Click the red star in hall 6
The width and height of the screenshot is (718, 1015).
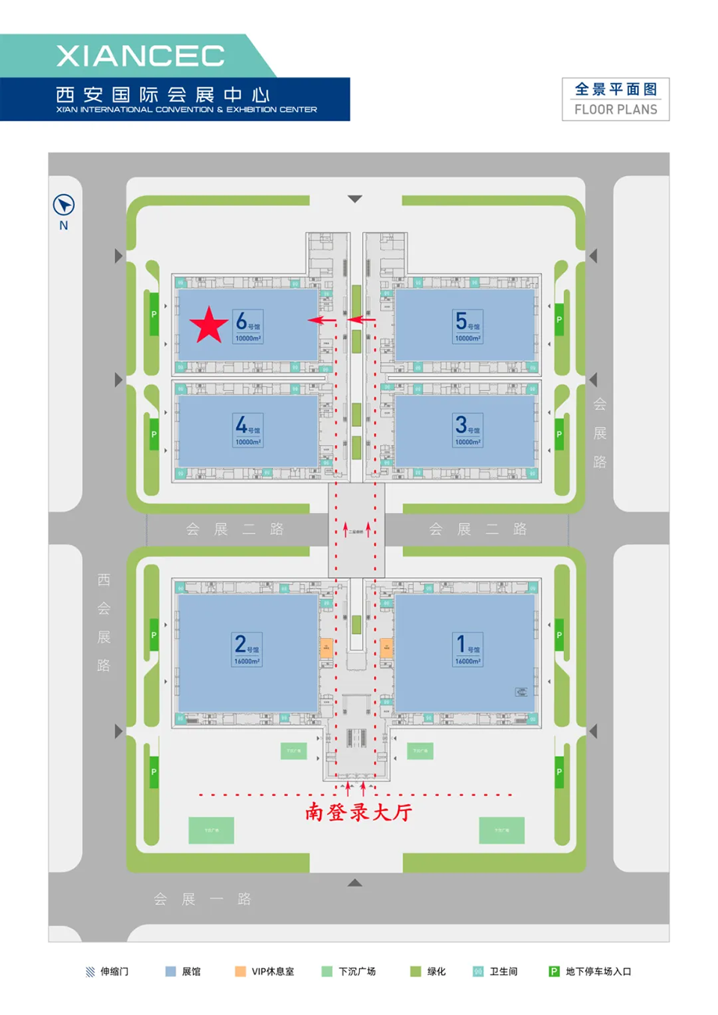[x=209, y=326]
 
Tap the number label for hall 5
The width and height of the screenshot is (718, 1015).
[x=467, y=326]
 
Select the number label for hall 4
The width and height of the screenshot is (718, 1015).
[x=247, y=430]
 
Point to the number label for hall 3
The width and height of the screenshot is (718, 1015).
[x=467, y=430]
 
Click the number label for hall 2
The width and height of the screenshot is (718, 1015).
[x=247, y=648]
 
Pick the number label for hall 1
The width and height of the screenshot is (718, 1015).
[x=467, y=648]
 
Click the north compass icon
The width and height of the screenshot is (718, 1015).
[x=64, y=205]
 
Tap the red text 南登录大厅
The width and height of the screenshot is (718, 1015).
[x=358, y=812]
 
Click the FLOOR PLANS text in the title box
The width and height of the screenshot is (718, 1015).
[x=616, y=109]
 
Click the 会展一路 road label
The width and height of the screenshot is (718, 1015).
[x=202, y=898]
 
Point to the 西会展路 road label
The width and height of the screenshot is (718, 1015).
[x=104, y=622]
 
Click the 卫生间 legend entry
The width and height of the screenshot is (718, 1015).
[x=495, y=972]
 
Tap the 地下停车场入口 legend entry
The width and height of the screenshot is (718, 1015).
[x=590, y=972]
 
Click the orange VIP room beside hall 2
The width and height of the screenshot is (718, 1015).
[x=326, y=648]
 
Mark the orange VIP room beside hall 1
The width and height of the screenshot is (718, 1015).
[x=386, y=648]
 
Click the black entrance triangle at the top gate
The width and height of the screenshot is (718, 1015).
[x=355, y=199]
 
